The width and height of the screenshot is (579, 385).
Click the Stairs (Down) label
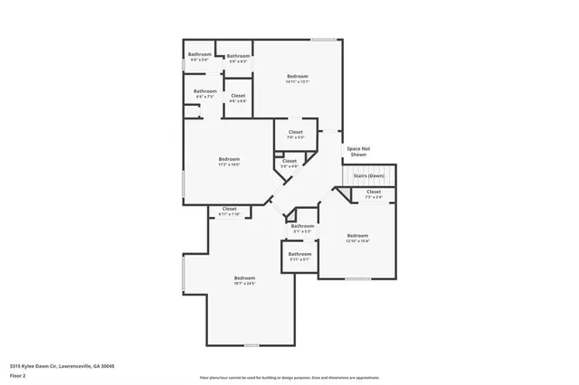pos(368,175)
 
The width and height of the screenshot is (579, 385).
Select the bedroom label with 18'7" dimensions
pos(244,280)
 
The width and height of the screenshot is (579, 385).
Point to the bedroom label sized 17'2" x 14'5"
pos(228,162)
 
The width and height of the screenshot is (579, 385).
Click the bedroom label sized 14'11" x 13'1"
pos(298,79)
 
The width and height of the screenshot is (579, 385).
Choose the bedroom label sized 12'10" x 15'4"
pos(357,239)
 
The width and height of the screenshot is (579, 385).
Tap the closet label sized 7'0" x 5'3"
pos(296,135)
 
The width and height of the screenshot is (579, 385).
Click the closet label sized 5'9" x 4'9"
pos(289,164)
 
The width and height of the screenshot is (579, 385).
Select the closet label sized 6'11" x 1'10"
pos(229,211)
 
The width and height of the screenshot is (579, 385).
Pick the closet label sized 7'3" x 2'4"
pos(374,193)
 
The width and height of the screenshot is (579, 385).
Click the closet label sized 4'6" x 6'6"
pos(237,98)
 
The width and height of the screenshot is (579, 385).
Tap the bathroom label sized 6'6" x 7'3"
pos(204,93)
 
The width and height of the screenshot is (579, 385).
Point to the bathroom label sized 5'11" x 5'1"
pos(299,257)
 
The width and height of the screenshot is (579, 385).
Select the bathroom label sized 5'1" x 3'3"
pos(302,229)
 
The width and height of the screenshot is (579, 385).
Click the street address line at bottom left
pos(62,366)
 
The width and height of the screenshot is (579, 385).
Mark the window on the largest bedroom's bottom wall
pos(251,345)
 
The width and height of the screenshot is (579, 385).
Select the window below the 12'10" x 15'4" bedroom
pos(357,278)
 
